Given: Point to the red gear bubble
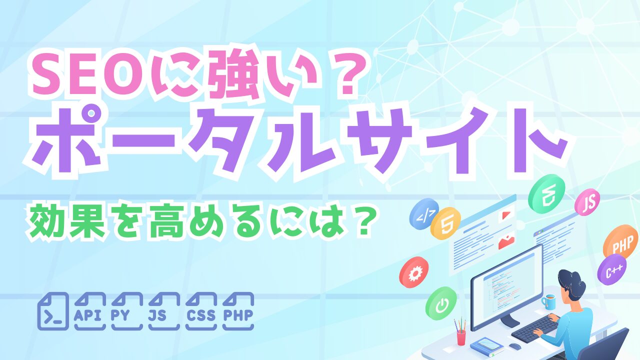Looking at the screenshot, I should click(413, 273).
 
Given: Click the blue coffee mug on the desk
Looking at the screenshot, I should click(549, 301).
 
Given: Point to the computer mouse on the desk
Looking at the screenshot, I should click(514, 346).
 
